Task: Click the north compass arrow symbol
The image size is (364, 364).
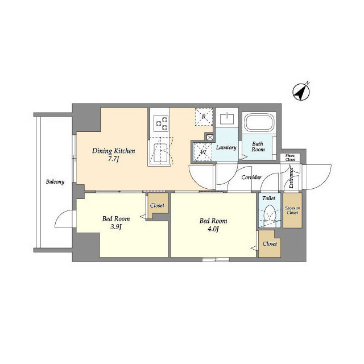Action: (301, 91)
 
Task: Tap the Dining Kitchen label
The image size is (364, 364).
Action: (114, 151)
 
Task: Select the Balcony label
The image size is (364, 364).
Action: (55, 182)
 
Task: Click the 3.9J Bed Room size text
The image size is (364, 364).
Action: (115, 227)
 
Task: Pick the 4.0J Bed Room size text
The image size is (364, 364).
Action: (213, 229)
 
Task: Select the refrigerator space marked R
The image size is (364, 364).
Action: (204, 117)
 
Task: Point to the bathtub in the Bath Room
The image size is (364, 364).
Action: (259, 123)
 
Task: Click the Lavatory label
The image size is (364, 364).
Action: (226, 147)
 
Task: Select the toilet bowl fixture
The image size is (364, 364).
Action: (268, 215)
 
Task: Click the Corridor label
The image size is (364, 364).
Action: (251, 177)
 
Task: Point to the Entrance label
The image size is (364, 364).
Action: (291, 177)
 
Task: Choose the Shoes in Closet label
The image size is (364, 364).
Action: (292, 212)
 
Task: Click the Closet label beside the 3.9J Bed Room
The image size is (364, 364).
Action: (158, 205)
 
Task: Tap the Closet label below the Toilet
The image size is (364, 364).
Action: (270, 243)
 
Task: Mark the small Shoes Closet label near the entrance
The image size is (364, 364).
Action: (290, 158)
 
